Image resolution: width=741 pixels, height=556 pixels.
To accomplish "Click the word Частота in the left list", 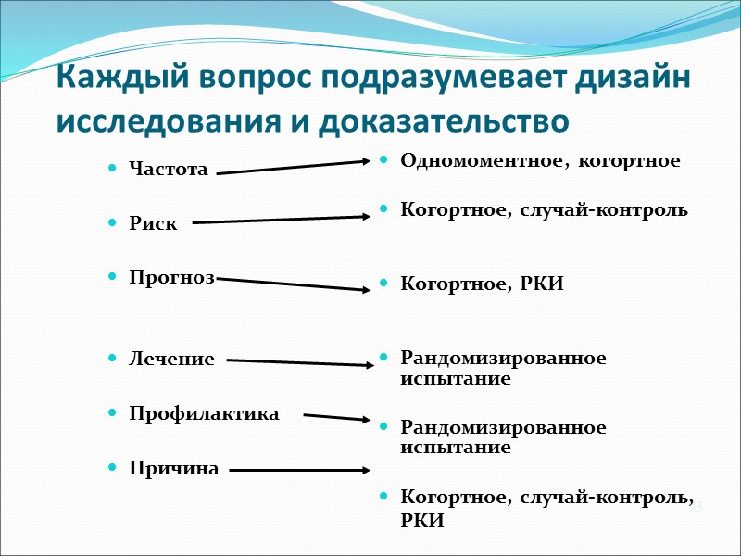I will (169, 169).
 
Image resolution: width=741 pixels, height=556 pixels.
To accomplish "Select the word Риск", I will (154, 223).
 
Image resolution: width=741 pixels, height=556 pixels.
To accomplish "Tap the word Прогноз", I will (172, 278).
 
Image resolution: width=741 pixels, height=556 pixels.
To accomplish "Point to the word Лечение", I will (172, 359).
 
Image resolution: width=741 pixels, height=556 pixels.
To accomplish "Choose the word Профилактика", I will (204, 413).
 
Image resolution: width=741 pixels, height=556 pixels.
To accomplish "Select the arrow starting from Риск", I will (281, 220).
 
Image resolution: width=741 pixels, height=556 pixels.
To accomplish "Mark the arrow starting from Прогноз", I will (293, 284).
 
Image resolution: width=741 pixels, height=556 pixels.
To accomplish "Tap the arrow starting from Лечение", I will (299, 362).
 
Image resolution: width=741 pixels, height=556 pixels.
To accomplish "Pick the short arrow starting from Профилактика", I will (337, 417).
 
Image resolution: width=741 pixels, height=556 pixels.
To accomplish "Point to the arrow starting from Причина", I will (299, 470).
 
